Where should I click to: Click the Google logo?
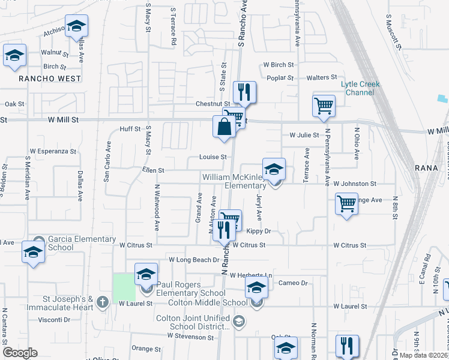(20, 353)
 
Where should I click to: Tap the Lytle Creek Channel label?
(361, 88)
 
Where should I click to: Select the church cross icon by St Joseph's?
(102, 301)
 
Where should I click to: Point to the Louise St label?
(213, 157)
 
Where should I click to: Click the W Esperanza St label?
(53, 152)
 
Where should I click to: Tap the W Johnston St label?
(355, 184)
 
